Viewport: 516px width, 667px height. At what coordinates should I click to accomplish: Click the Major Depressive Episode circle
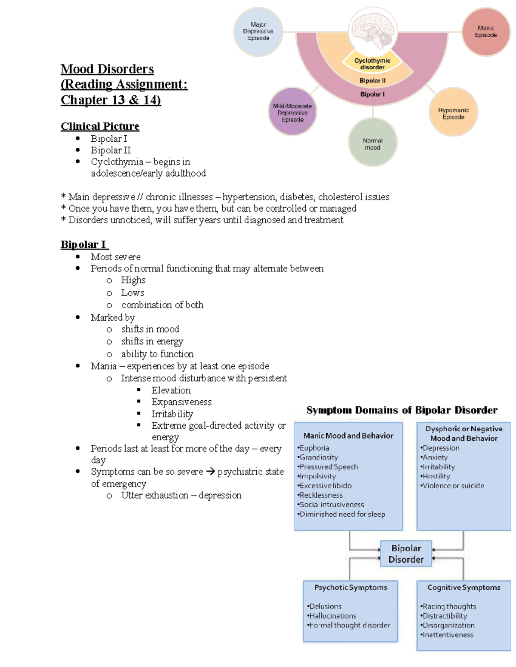[x=258, y=31]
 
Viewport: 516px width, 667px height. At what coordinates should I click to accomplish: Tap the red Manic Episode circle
[x=485, y=32]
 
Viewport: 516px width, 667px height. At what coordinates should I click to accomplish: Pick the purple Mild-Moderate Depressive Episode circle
[x=292, y=113]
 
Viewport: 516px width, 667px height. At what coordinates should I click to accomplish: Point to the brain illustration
[x=372, y=29]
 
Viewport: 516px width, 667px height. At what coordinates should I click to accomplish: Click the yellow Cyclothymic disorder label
[x=372, y=64]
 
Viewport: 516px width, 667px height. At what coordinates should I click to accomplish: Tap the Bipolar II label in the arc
[x=372, y=80]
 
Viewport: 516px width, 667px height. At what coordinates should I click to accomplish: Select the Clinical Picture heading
[x=100, y=126]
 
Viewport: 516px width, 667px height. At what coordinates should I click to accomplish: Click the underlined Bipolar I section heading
[x=84, y=244]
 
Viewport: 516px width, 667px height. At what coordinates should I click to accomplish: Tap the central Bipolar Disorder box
[x=406, y=554]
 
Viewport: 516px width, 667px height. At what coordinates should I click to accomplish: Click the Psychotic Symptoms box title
[x=350, y=588]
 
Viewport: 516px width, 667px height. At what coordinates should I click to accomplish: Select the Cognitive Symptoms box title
[x=464, y=588]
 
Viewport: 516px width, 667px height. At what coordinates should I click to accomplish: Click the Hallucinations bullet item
[x=332, y=616]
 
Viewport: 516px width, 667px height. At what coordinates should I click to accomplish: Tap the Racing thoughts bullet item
[x=449, y=606]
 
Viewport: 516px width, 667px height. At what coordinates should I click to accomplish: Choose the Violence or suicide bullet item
[x=453, y=486]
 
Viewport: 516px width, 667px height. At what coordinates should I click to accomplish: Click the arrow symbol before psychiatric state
[x=210, y=472]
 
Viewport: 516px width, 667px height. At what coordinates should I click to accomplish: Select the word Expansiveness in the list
[x=181, y=402]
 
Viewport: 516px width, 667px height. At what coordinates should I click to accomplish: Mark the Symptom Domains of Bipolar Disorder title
[x=402, y=410]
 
